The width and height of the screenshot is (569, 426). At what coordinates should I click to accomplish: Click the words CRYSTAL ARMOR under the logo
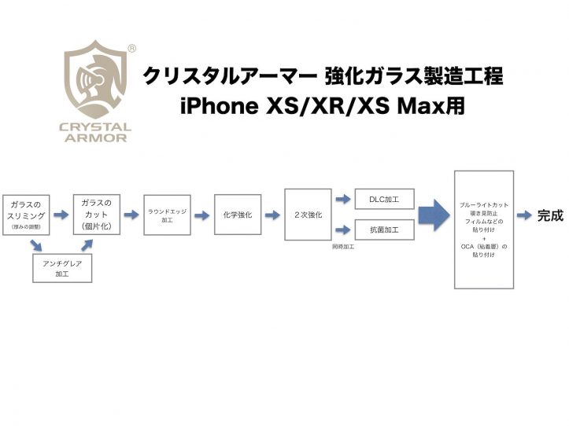click(96, 133)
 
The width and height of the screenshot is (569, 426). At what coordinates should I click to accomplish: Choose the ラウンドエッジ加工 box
click(167, 215)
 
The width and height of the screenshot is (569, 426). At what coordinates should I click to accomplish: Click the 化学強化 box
click(238, 215)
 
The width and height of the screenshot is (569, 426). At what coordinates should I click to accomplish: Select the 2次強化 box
click(308, 215)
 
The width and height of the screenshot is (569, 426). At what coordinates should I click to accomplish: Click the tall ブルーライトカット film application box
click(484, 230)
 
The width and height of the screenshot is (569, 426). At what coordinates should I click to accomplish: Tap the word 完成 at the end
click(550, 215)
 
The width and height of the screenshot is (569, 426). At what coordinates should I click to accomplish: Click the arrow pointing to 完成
click(525, 215)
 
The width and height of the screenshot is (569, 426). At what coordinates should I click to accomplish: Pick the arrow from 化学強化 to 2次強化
click(273, 215)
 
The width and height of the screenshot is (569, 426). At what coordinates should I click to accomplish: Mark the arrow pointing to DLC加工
click(343, 200)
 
